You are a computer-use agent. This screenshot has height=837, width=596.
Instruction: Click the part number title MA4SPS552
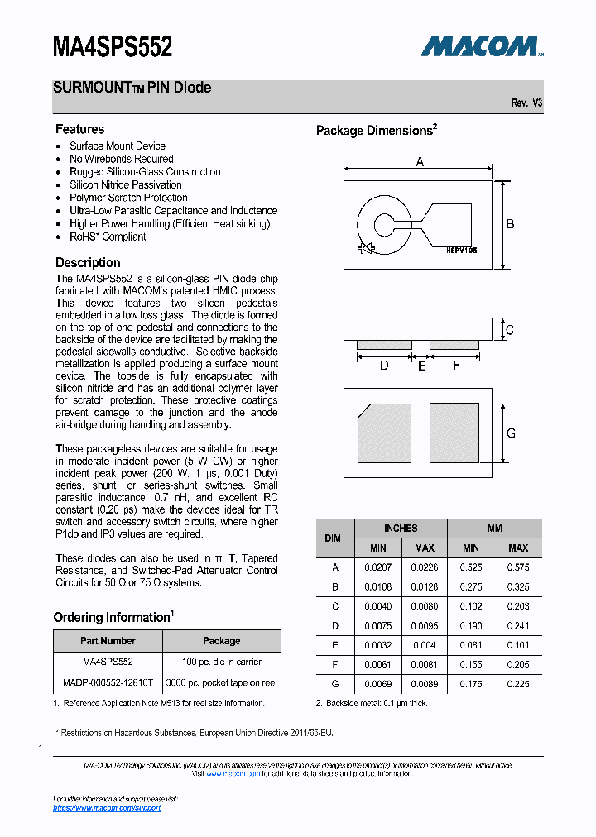click(113, 45)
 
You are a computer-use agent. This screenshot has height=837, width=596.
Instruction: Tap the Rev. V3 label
click(526, 103)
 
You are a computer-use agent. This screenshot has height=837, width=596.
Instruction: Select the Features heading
click(79, 129)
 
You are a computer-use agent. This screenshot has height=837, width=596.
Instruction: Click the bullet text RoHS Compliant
click(108, 237)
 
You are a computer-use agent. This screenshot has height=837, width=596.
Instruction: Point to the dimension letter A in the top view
click(420, 162)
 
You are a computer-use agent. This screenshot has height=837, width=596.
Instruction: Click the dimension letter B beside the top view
click(511, 224)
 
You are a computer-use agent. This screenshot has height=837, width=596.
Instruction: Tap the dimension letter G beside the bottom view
click(511, 433)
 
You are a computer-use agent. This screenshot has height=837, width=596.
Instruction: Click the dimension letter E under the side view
click(421, 365)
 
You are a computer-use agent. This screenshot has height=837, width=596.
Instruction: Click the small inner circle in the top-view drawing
click(384, 224)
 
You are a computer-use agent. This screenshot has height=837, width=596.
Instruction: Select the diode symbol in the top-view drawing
click(365, 248)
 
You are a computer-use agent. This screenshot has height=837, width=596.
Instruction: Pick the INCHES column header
click(401, 528)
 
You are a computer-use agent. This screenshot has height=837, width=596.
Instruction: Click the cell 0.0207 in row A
click(377, 567)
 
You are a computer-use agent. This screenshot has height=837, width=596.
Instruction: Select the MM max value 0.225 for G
click(518, 684)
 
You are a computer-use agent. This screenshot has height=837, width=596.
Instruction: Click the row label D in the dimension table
click(335, 626)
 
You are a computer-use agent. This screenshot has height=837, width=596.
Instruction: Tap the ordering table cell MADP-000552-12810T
click(108, 683)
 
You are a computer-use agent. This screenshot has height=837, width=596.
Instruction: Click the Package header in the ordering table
click(221, 640)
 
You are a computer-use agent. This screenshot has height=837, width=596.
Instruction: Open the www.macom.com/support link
click(107, 808)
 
